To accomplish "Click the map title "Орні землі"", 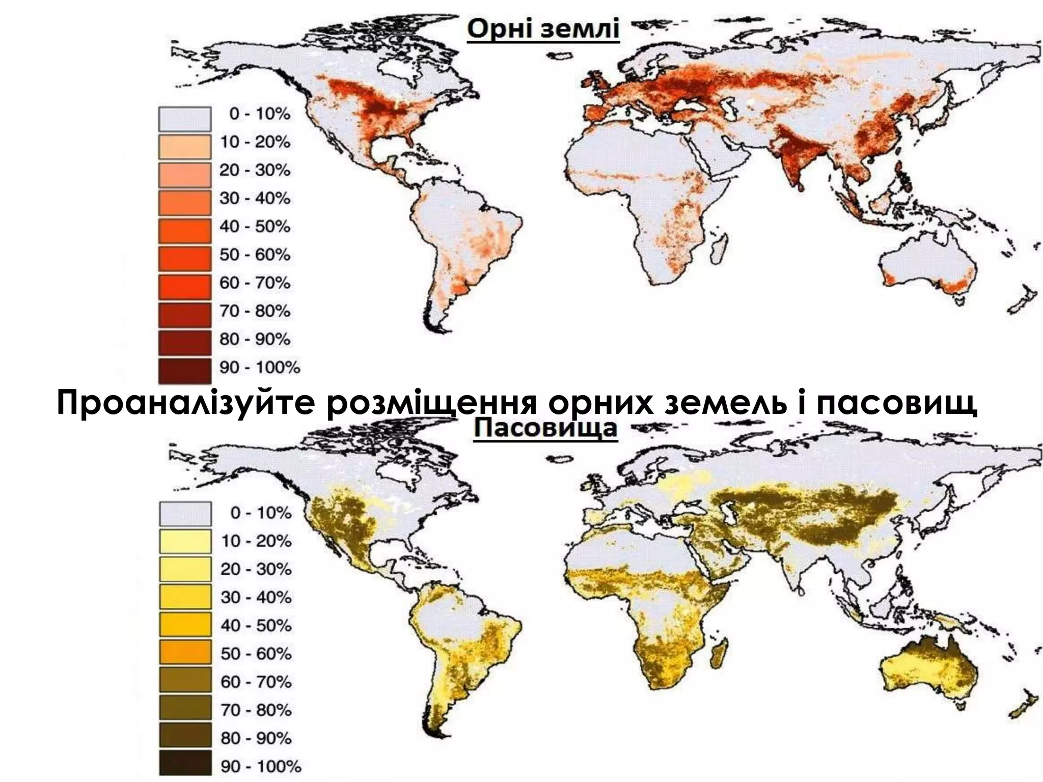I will click(543, 29).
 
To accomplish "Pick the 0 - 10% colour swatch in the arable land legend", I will click(184, 119).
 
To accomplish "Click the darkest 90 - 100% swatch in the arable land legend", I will click(184, 370).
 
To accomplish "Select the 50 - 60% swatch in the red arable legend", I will click(184, 258).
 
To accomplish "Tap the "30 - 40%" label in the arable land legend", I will click(255, 198).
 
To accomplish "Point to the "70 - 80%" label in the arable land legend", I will click(255, 311).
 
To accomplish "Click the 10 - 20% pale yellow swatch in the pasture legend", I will click(185, 541).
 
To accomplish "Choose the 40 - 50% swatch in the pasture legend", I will click(185, 625).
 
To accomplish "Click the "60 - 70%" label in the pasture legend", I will click(256, 682).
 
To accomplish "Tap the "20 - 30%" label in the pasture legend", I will click(256, 569).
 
